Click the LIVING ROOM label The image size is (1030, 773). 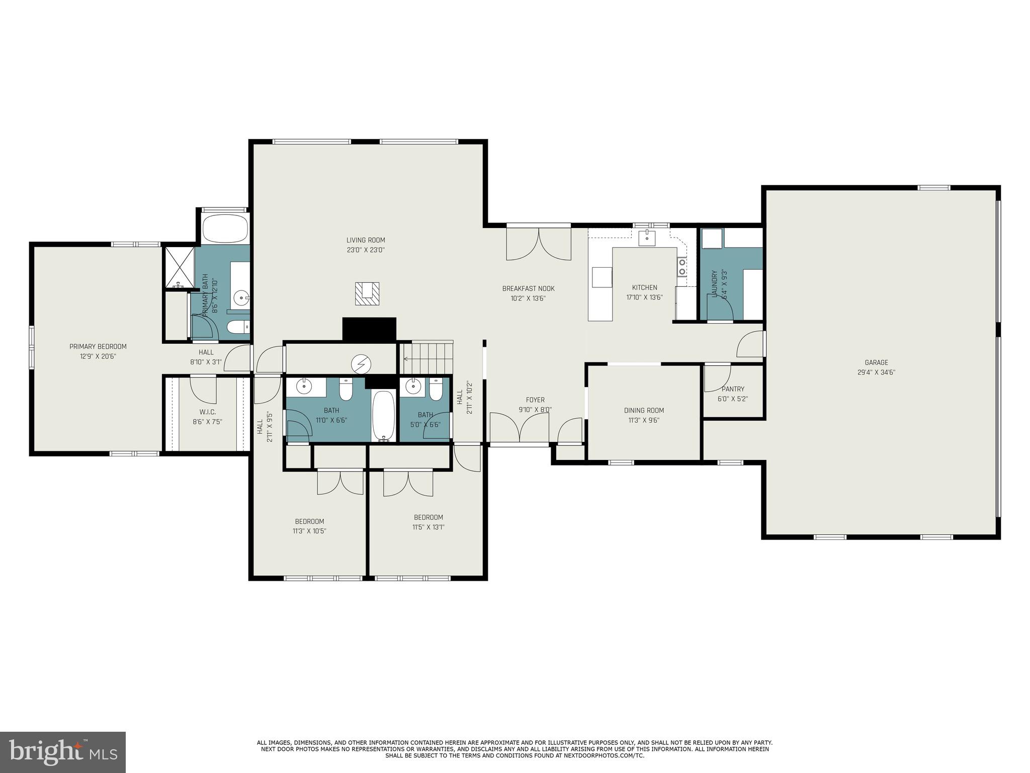coord(366,240)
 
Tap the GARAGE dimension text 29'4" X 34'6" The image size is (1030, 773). coord(876,373)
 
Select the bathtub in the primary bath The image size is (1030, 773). coord(225,229)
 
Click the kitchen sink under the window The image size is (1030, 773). coord(646,238)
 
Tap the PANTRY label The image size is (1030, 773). coord(733,389)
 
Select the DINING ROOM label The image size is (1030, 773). coord(644,410)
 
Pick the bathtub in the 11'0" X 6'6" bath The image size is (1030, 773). coord(384,417)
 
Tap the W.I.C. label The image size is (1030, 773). coord(207,412)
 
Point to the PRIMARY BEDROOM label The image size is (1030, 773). coord(98,347)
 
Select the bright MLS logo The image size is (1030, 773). coord(63,752)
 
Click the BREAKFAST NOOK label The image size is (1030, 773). coord(528,288)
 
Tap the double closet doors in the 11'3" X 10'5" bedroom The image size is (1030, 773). coord(340,482)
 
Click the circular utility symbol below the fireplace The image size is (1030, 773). coord(361,363)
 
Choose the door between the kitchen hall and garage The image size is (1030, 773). coord(751,345)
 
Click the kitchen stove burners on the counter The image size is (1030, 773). coord(681,266)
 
